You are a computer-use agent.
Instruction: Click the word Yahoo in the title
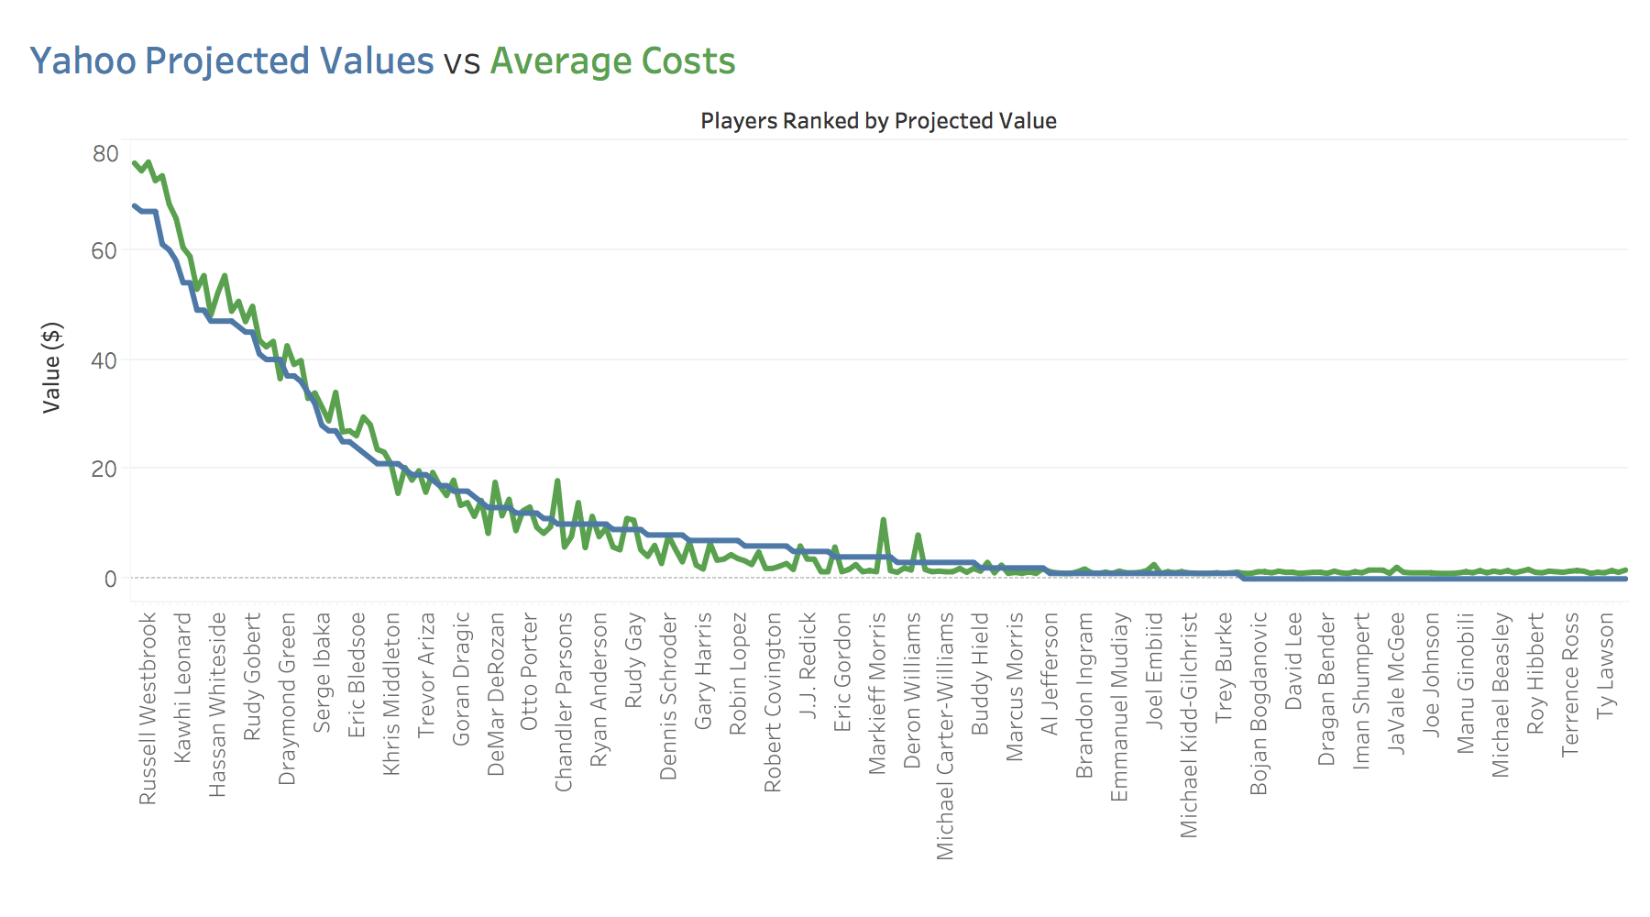82,61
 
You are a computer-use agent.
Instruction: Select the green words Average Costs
612,61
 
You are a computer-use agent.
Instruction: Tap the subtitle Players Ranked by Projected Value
878,121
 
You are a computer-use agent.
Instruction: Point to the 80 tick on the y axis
105,154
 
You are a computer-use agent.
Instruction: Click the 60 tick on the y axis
104,250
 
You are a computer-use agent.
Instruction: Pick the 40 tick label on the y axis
104,360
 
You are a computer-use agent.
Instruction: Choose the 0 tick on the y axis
111,579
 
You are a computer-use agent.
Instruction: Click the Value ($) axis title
52,367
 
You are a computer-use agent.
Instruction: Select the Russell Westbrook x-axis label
148,709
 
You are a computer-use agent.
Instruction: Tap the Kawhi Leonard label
183,688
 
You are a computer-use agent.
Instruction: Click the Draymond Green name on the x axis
288,699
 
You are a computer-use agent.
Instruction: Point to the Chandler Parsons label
565,702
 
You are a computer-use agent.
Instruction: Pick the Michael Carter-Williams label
945,736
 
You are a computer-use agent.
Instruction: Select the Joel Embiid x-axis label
1154,671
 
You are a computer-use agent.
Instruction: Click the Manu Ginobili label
1466,683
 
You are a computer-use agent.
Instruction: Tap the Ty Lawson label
1605,665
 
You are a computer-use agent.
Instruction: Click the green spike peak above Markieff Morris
883,520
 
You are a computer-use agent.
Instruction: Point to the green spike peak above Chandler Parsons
556,481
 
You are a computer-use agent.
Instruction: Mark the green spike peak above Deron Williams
918,535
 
